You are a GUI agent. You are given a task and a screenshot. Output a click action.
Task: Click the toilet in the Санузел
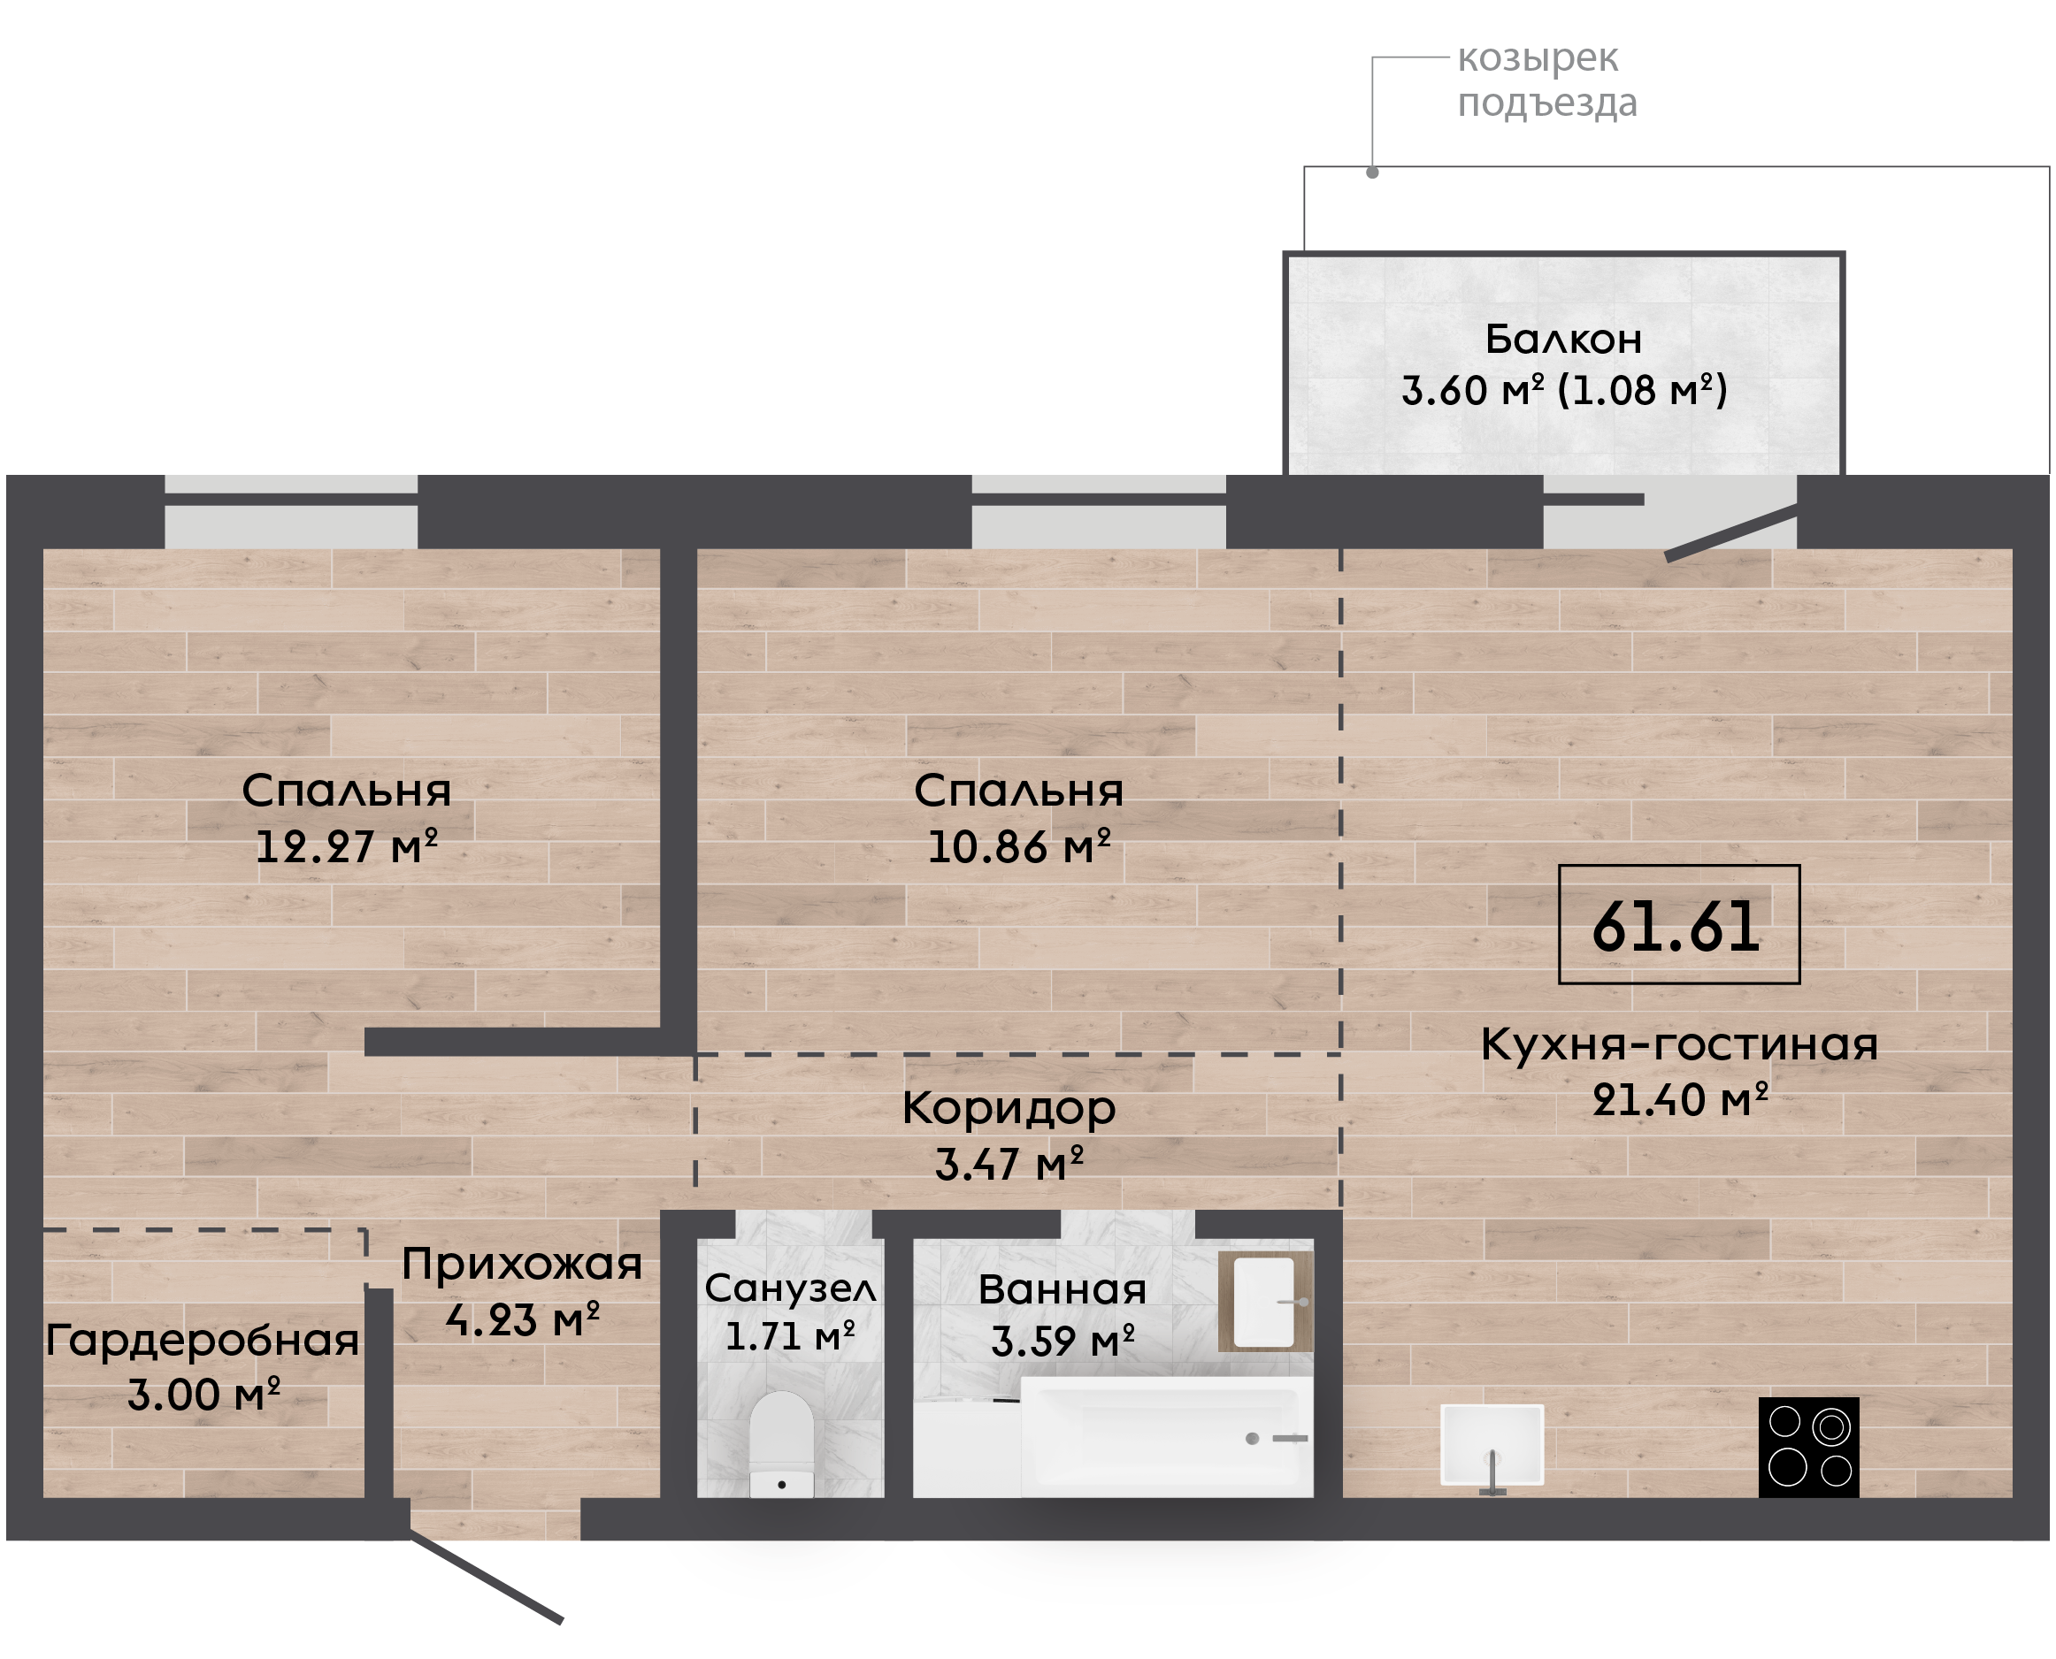pos(781,1444)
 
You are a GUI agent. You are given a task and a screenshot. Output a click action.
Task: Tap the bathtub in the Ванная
pos(1166,1436)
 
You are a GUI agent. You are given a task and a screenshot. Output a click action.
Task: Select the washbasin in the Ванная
pos(1264,1301)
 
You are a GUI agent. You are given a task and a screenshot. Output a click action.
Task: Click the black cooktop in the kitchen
pos(1808,1447)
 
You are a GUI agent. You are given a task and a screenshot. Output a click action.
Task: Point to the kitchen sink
pos(1491,1444)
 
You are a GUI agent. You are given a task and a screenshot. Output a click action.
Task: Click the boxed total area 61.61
pos(1678,925)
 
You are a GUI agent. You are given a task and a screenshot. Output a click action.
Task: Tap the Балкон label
pos(1564,340)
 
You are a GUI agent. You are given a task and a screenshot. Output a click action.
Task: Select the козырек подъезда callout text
pos(1546,80)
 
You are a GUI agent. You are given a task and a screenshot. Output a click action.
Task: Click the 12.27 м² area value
pos(346,845)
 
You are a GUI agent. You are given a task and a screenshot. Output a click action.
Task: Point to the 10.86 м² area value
pos(1019,845)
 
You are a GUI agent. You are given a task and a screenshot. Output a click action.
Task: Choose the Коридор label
pos(1009,1109)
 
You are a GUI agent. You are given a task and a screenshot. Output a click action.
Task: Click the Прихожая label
pos(522,1265)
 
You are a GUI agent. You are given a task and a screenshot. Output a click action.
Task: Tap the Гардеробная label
pos(203,1340)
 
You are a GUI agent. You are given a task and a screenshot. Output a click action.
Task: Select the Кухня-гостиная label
pos(1679,1044)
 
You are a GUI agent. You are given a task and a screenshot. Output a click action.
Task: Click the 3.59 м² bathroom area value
pos(1062,1341)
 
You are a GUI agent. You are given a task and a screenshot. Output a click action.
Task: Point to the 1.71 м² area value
pos(789,1336)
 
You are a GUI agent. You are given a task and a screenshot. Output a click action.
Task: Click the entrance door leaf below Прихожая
pos(487,1579)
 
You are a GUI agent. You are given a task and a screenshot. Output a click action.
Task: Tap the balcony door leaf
pos(1732,532)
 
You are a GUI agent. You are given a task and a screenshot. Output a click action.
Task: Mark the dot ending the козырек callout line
pos(1371,173)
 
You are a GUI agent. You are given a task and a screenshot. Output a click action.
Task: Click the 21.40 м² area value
pos(1679,1100)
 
